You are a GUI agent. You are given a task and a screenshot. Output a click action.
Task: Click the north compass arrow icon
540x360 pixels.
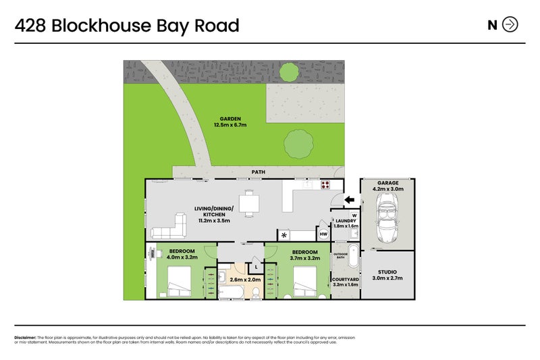tap(510, 25)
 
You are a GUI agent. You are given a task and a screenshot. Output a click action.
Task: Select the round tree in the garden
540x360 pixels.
tap(298, 143)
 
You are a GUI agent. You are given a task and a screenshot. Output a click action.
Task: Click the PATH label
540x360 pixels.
tap(258, 172)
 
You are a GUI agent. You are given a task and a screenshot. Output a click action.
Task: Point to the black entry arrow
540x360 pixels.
tap(348, 199)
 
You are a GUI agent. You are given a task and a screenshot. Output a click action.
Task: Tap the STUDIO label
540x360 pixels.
tap(387, 272)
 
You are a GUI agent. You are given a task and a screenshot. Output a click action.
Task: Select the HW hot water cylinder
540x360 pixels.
tap(323, 234)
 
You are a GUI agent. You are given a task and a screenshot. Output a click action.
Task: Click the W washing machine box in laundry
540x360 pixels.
tap(354, 215)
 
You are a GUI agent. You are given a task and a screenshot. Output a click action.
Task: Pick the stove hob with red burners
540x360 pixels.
tap(325, 184)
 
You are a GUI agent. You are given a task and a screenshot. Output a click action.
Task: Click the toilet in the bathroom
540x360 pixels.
tap(256, 291)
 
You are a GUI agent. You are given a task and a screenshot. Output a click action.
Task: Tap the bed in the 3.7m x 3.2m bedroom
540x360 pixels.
tap(304, 280)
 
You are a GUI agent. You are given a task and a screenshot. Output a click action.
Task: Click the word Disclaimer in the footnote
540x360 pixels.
tap(25, 337)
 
